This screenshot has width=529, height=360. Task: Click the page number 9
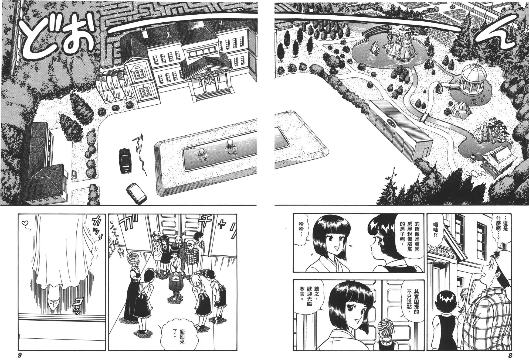point(20,355)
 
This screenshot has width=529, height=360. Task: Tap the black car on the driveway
point(124,160)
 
